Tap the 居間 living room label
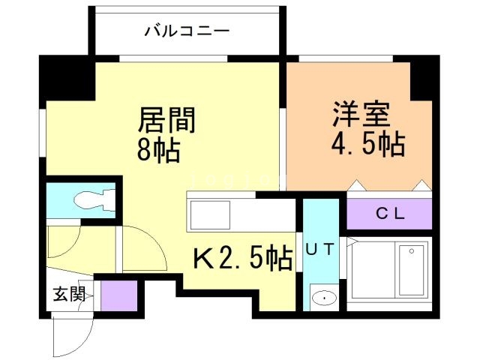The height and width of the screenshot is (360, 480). [x=166, y=120]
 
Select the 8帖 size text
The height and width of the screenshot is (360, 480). [x=158, y=150]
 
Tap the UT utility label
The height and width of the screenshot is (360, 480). [x=319, y=244]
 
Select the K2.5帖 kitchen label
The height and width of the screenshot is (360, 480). [x=243, y=259]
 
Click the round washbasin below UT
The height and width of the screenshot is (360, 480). [x=324, y=298]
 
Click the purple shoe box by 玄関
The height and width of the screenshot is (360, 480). [x=115, y=295]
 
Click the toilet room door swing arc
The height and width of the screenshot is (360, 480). [x=142, y=247]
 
